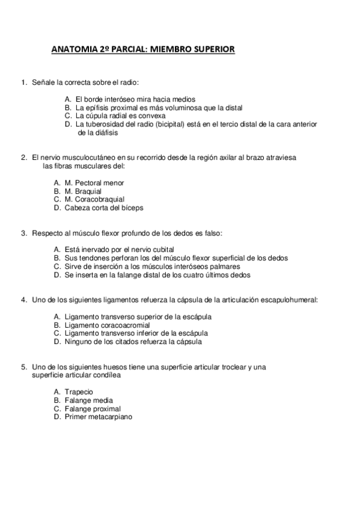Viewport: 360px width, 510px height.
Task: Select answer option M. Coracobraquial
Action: coord(94,199)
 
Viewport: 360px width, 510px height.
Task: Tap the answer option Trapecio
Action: coord(79,392)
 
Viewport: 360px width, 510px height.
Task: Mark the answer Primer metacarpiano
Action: coord(99,416)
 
